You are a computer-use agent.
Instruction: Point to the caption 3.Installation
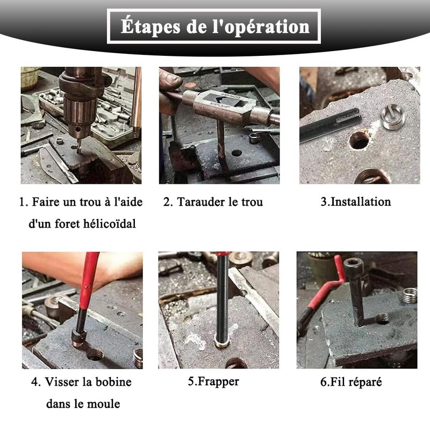[x=356, y=202]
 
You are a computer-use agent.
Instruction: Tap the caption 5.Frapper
[x=213, y=382]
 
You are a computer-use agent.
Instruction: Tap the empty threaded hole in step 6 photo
[x=383, y=319]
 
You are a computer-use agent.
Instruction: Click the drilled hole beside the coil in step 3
[x=359, y=140]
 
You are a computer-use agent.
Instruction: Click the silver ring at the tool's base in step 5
[x=221, y=343]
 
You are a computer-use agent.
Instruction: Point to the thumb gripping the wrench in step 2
[x=171, y=81]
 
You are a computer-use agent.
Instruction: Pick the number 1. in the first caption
[x=24, y=202]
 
